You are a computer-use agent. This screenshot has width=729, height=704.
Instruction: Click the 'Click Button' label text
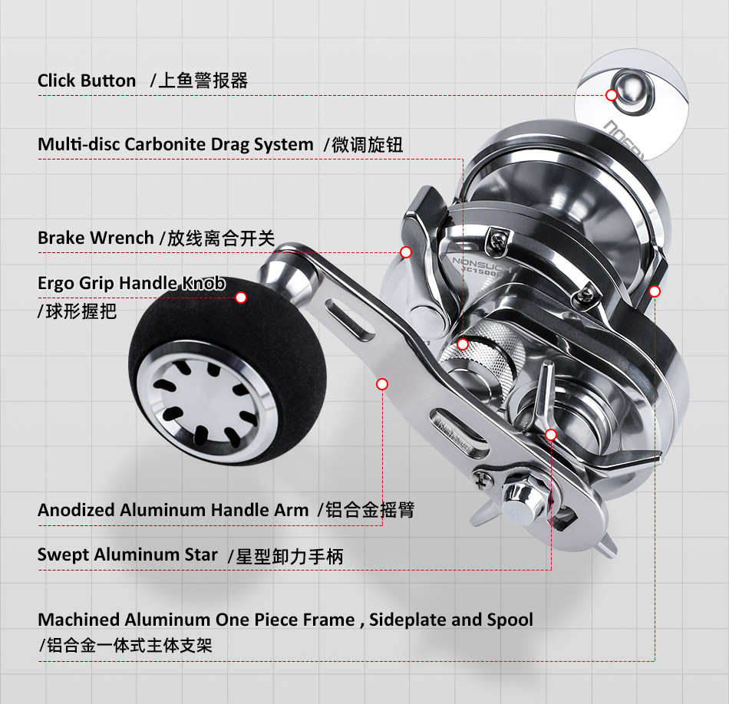87,81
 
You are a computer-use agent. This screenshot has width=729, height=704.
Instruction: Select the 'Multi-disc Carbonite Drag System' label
176,144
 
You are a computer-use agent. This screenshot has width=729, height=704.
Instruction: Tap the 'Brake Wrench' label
96,238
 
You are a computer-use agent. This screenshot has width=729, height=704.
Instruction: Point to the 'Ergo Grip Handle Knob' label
131,283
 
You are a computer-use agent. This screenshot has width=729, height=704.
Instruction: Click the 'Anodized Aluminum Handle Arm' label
173,510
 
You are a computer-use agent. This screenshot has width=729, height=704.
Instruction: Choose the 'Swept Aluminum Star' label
127,554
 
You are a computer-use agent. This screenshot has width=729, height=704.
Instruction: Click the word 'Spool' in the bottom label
510,620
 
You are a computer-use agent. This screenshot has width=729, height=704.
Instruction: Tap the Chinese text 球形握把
80,311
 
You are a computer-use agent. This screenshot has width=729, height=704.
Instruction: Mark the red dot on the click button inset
611,95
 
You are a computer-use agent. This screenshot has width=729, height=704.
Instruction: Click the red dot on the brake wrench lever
406,252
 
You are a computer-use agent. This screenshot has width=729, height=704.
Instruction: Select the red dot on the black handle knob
241,298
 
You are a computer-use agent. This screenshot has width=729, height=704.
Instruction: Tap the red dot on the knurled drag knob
462,344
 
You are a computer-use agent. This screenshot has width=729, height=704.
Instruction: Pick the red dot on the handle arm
382,383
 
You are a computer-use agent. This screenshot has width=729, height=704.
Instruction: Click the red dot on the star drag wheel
550,434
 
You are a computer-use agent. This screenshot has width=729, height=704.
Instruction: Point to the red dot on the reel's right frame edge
654,291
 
